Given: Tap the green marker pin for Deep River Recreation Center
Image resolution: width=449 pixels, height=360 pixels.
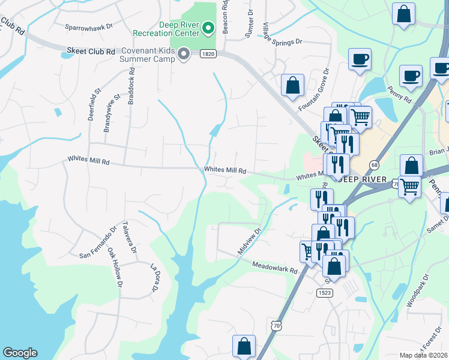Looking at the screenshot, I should coord(208,27).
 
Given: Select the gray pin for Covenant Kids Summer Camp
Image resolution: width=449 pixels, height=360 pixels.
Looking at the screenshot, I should coord(185,55).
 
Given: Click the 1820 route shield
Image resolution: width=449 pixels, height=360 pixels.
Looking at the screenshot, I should coord(208,54).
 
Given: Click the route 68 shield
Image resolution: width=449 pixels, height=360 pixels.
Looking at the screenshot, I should coord(375,164).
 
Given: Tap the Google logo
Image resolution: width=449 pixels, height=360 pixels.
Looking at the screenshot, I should coord(20,353).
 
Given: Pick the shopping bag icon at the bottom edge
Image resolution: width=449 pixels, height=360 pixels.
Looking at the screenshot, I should coord(244,346).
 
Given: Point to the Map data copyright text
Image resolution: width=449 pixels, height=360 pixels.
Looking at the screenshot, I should coord(424,355).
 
